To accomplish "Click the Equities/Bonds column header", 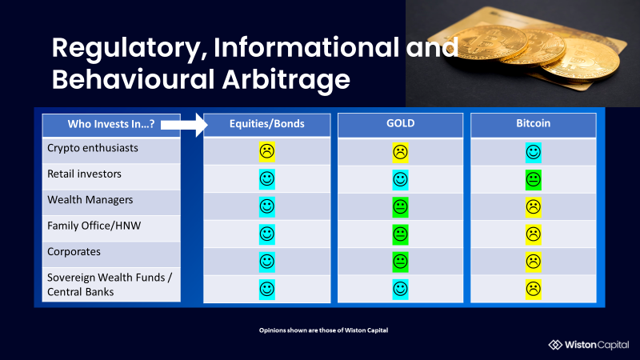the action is click(267, 124).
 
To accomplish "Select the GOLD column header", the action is click(401, 123).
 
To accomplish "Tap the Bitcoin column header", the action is click(533, 123).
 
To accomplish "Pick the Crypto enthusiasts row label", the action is click(93, 148).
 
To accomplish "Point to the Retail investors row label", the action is click(84, 174).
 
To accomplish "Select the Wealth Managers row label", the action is click(90, 200).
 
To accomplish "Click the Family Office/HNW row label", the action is click(94, 226).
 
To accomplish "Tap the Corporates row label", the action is click(74, 252).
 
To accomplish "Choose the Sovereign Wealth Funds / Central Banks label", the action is click(110, 285).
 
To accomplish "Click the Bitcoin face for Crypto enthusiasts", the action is click(533, 152).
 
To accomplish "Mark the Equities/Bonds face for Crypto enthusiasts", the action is click(267, 151).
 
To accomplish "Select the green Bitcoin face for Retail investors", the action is click(533, 179).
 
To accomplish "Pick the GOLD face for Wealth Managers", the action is click(401, 207).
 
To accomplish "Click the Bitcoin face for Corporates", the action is click(533, 262).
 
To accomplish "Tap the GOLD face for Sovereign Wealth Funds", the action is click(401, 290).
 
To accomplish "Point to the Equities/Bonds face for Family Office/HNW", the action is click(267, 234).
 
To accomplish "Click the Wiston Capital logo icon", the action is click(555, 345).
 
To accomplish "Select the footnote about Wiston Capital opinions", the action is click(323, 330).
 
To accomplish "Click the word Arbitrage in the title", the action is click(286, 79).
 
